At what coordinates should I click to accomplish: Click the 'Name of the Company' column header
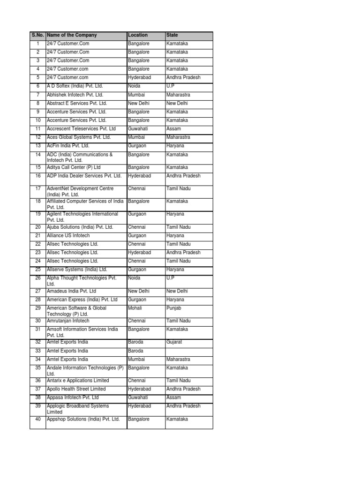pyautogui.click(x=72, y=35)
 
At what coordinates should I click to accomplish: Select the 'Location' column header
pyautogui.click(x=138, y=35)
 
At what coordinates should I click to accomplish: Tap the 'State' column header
pyautogui.click(x=172, y=35)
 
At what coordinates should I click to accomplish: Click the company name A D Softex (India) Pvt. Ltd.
pyautogui.click(x=75, y=86)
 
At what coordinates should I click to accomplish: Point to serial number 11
pyautogui.click(x=38, y=129)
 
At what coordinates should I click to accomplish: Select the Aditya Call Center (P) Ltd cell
pyautogui.click(x=74, y=167)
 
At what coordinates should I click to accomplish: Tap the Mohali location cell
pyautogui.click(x=135, y=308)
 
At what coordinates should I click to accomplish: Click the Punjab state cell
pyautogui.click(x=173, y=308)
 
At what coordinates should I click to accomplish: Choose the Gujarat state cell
pyautogui.click(x=174, y=342)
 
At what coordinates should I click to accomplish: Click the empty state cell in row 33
pyautogui.click(x=188, y=351)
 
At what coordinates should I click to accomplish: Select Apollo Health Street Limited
pyautogui.click(x=76, y=389)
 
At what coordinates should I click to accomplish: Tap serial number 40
pyautogui.click(x=38, y=419)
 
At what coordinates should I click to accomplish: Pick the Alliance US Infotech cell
pyautogui.click(x=68, y=236)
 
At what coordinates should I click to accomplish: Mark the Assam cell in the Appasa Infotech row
pyautogui.click(x=173, y=397)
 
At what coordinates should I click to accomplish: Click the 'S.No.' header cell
pyautogui.click(x=37, y=35)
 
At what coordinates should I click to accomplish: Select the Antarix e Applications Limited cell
pyautogui.click(x=78, y=381)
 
